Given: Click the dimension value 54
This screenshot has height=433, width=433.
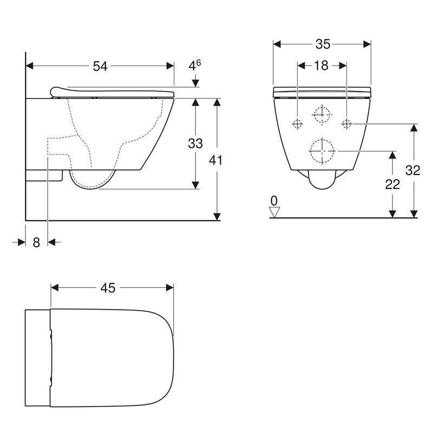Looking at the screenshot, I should click(x=100, y=66).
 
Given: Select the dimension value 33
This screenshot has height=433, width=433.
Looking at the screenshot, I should click(x=195, y=143).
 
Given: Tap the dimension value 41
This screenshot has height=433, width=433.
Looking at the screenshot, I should click(x=216, y=160).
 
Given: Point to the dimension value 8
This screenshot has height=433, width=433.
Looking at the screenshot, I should click(x=36, y=242).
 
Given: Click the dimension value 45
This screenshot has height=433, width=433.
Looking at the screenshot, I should click(x=108, y=288).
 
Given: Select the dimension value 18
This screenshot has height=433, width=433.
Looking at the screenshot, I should click(x=321, y=65).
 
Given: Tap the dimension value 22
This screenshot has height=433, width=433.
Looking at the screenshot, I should click(x=392, y=185).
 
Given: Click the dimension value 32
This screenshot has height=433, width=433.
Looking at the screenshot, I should click(x=413, y=170).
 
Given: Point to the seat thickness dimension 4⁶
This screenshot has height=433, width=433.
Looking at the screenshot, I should click(x=195, y=66).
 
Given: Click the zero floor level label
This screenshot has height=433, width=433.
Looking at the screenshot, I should click(x=274, y=202).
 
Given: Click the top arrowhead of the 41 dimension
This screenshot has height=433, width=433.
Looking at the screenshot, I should click(x=216, y=102).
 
